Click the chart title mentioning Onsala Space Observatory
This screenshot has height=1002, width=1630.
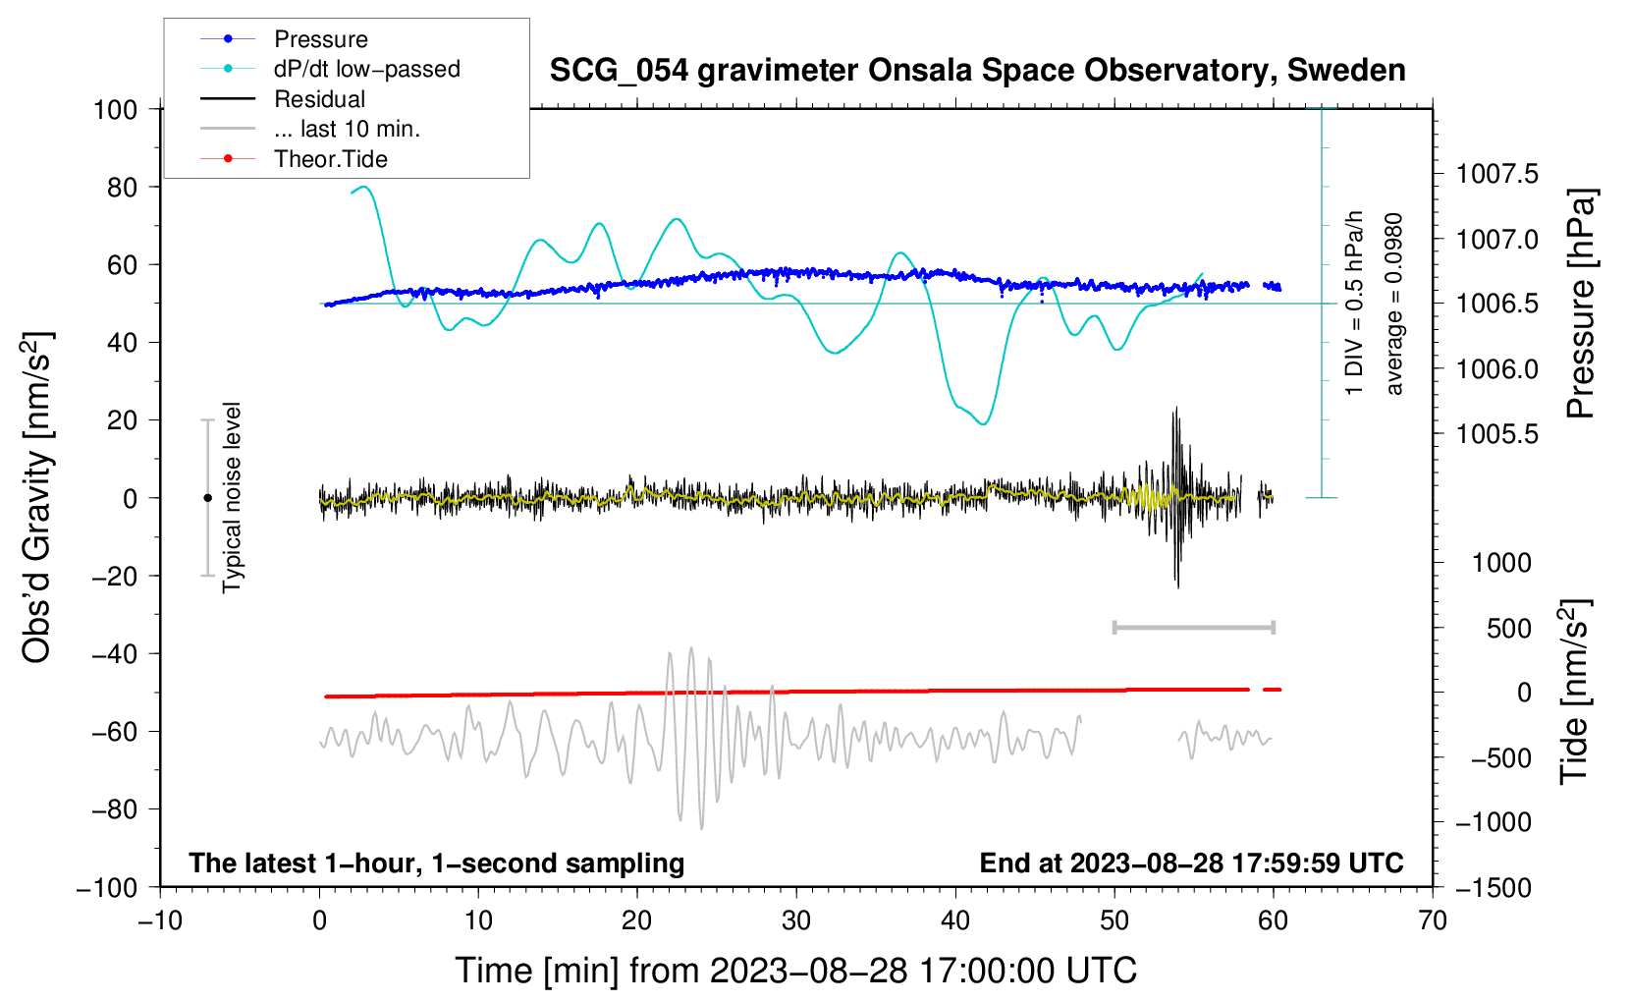977,71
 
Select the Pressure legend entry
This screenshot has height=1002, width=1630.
320,39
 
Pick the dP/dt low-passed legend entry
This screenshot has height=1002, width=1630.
366,69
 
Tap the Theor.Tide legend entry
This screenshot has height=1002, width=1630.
330,159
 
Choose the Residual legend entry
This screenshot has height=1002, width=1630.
319,99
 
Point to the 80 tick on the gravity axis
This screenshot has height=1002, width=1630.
122,187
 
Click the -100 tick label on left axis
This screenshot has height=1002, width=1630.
107,887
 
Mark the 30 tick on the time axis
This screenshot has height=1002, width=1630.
796,920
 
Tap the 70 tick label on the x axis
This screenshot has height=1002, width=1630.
1433,920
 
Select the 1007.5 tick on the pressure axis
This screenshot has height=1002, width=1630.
1496,175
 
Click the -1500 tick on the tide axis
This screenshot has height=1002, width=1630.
1494,887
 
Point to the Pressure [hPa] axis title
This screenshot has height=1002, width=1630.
1580,305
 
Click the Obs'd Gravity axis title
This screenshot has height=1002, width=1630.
37,498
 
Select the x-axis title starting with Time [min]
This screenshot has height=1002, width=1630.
795,971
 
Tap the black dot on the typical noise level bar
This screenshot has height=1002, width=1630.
207,498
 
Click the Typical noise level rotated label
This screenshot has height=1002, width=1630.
232,498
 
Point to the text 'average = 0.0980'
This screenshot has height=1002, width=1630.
1394,305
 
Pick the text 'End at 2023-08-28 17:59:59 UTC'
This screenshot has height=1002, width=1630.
1191,863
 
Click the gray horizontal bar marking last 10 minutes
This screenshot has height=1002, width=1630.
1193,627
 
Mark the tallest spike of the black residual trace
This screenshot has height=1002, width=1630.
1175,411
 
